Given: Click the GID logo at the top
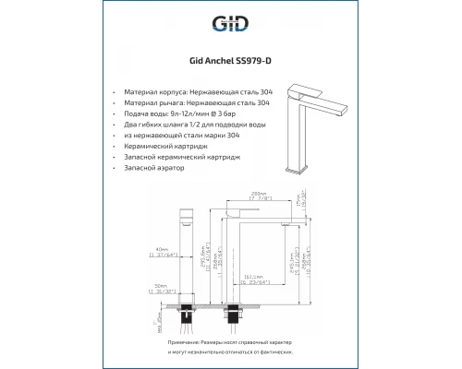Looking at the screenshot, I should (230, 25).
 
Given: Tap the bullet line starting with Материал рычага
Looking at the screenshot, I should (199, 106).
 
